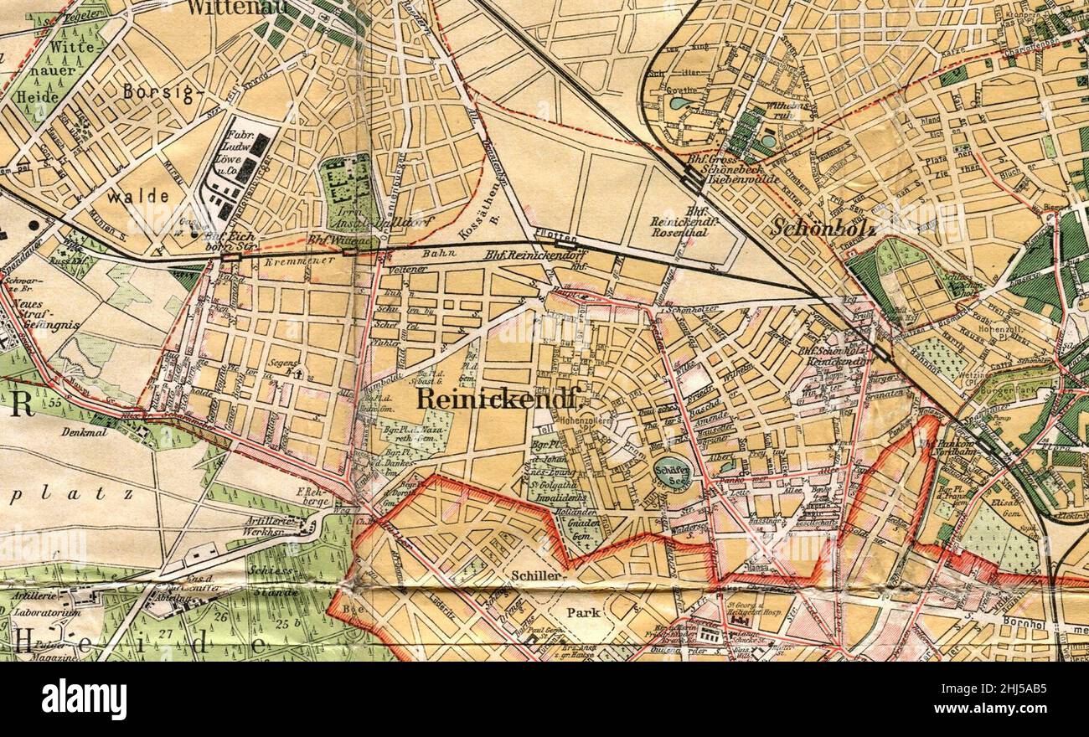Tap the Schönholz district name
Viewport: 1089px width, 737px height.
click(823, 226)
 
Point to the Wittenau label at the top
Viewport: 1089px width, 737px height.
click(236, 8)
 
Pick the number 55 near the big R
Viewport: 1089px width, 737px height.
click(57, 404)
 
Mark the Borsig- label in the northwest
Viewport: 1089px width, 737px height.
click(157, 92)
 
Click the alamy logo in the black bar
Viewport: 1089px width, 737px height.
click(84, 699)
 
